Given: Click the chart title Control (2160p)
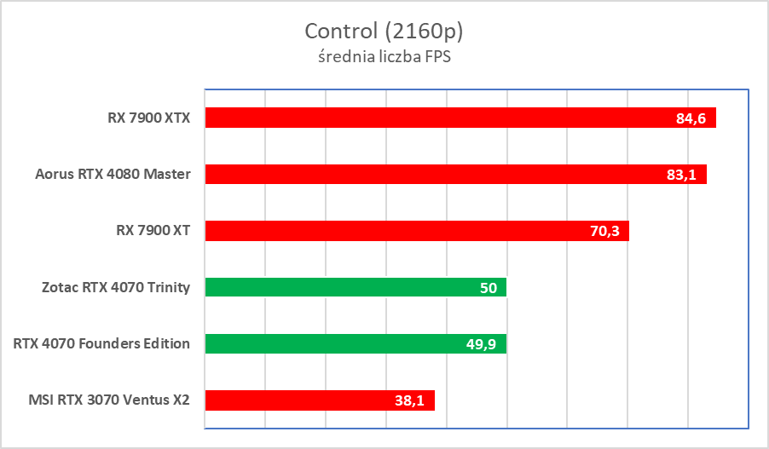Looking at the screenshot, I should tap(384, 32).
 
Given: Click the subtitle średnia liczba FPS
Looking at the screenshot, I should tap(384, 57).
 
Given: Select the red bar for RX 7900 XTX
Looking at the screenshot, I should tap(426, 118).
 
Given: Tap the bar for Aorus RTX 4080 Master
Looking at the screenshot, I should tap(426, 174).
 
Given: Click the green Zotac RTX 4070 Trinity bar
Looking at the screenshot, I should tap(341, 287).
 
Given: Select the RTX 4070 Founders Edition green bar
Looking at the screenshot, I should tap(341, 343).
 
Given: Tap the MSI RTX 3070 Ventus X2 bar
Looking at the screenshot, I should tap(307, 400).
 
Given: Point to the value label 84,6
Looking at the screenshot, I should tap(691, 118).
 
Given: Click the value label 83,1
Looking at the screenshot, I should tap(681, 175).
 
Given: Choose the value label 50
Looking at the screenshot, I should tap(489, 288).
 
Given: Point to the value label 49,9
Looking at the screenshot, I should tap(482, 344).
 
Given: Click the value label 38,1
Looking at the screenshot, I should tap(409, 400).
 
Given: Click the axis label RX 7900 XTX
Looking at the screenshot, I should tap(142, 118).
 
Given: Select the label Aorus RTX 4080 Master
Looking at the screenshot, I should tap(113, 175).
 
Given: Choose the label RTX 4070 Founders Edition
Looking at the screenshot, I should tap(101, 344).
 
